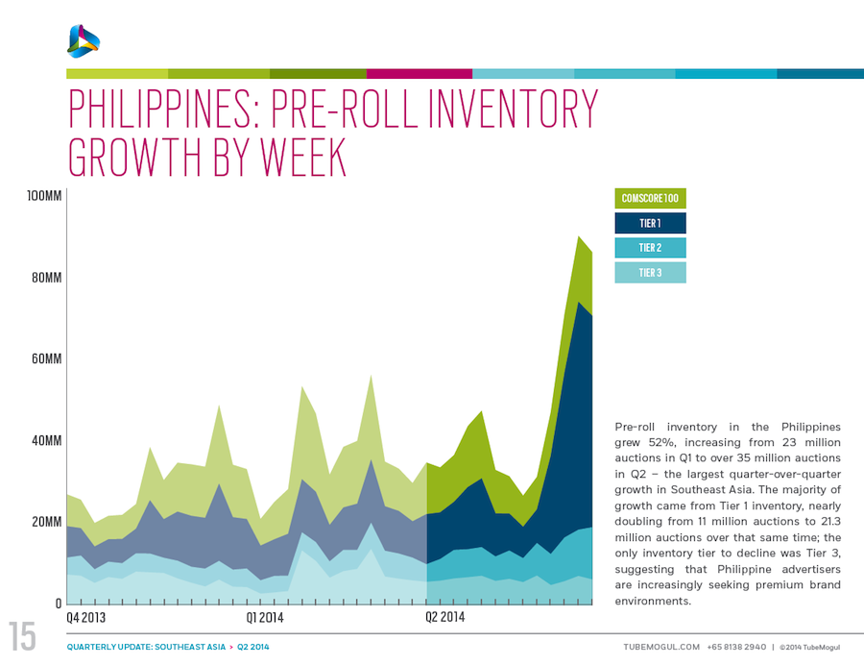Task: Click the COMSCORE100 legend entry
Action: pos(650,199)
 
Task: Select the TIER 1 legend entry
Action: pos(650,223)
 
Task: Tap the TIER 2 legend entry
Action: pos(650,248)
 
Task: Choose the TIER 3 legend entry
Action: pos(650,273)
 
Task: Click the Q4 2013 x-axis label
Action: pos(86,617)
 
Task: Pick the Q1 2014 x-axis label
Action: pos(265,617)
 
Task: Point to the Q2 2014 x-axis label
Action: pos(444,617)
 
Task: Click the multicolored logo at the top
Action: pos(84,40)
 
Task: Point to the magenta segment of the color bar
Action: pos(419,73)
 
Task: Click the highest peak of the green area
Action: pos(578,238)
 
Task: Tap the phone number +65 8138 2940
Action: pos(737,647)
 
